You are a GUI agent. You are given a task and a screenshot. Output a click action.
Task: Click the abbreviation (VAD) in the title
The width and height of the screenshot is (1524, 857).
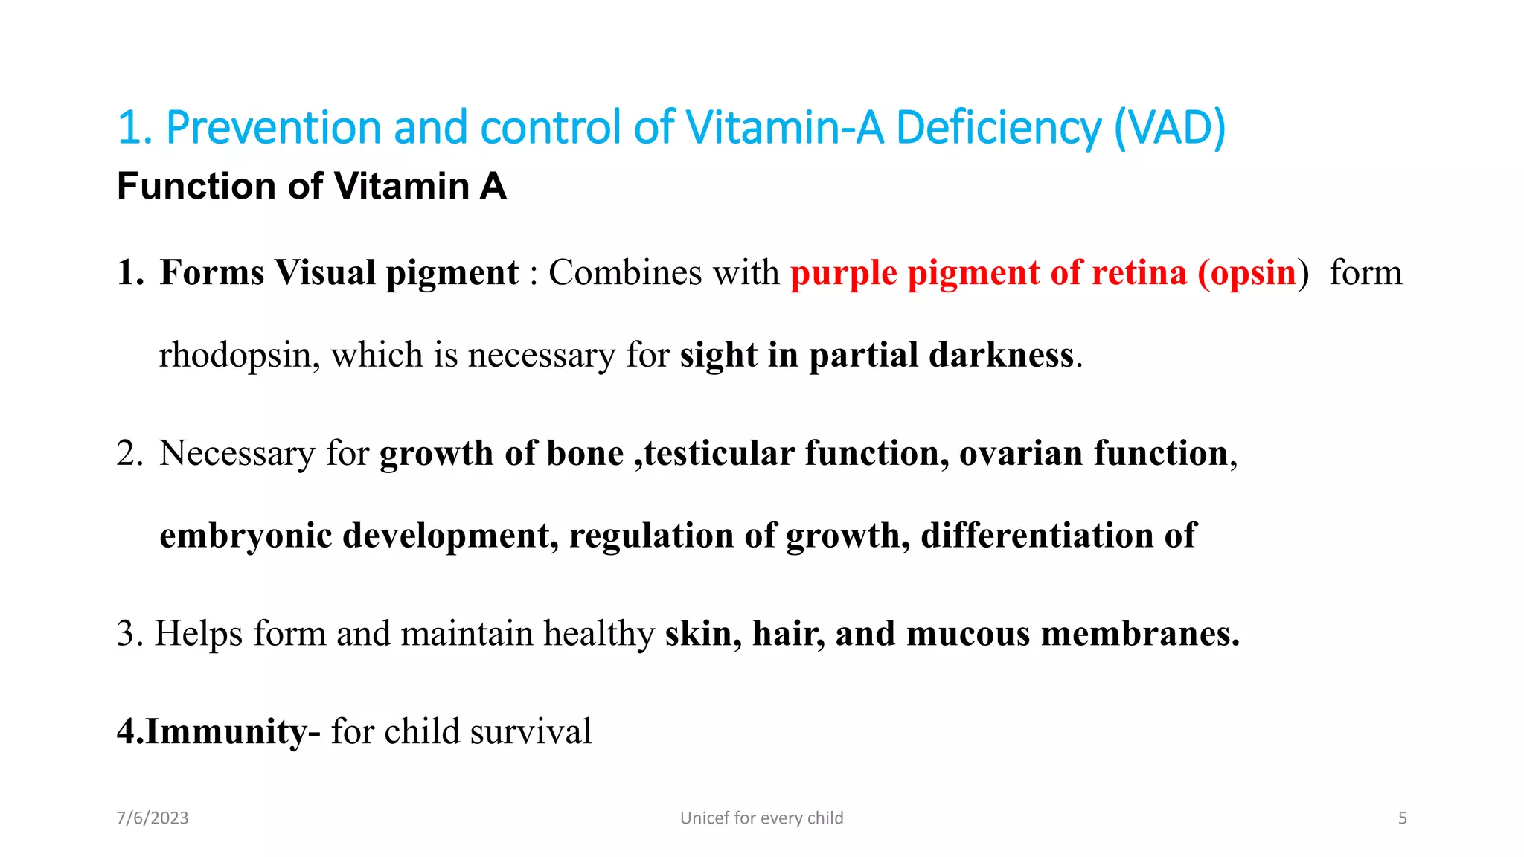1170,128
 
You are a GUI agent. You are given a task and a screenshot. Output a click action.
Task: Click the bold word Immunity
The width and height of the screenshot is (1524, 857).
226,731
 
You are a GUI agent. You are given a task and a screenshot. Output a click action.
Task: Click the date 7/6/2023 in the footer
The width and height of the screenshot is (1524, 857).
153,818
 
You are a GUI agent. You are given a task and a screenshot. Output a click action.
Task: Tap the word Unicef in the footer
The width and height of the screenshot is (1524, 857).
704,818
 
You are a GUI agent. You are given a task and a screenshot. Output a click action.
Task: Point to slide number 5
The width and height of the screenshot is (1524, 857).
1402,818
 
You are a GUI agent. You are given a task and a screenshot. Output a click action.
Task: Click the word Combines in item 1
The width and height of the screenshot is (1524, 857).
625,272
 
